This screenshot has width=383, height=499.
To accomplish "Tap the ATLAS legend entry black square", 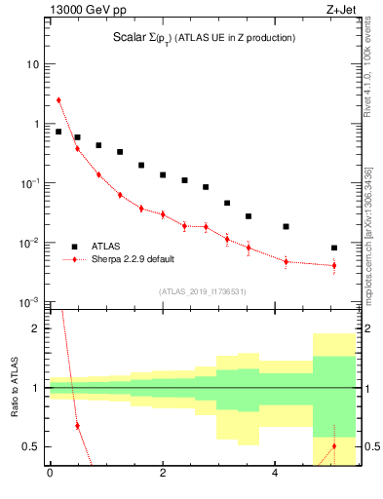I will (x=74, y=247).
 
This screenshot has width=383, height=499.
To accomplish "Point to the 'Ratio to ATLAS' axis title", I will (x=14, y=387).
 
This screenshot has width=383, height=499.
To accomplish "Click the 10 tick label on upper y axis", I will (x=32, y=64).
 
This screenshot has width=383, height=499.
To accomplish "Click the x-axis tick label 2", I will (x=163, y=475).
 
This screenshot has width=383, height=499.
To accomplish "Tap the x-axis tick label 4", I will (x=276, y=475).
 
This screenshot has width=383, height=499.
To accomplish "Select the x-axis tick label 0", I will (x=50, y=475).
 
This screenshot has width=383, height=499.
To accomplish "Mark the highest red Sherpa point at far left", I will (x=58, y=99).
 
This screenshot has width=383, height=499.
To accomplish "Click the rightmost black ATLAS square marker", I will (x=334, y=248).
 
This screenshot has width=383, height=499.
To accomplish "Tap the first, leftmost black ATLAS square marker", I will (x=58, y=132).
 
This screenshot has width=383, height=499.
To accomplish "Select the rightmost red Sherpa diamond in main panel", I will (x=334, y=265).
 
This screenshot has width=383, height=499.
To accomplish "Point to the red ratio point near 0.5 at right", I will (x=334, y=446).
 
